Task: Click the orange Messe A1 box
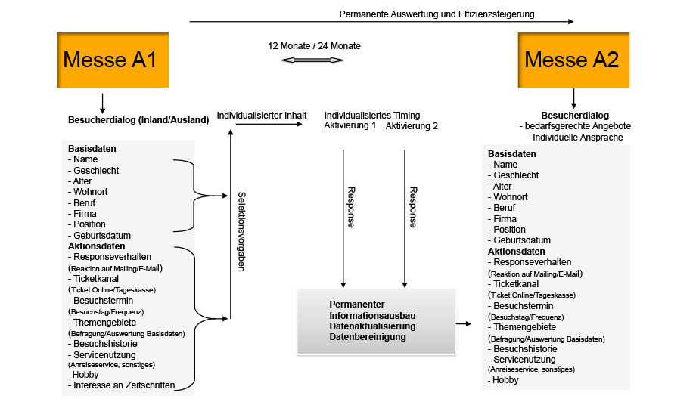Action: pos(111,60)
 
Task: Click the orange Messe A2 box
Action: pos(572,60)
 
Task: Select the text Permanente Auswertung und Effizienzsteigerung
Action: pos(437,14)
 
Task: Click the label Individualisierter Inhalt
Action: pos(262,116)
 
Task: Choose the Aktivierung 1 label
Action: pos(350,125)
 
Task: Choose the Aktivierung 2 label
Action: pos(412,126)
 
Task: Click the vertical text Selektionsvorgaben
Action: pos(241,230)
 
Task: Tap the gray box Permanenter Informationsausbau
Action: pos(376,321)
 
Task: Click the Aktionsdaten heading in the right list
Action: pos(516,252)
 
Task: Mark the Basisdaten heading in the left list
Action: pos(92,149)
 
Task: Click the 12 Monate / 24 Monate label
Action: pos(314,46)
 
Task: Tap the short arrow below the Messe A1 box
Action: pos(103,102)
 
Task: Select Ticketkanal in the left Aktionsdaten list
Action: pos(97,279)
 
